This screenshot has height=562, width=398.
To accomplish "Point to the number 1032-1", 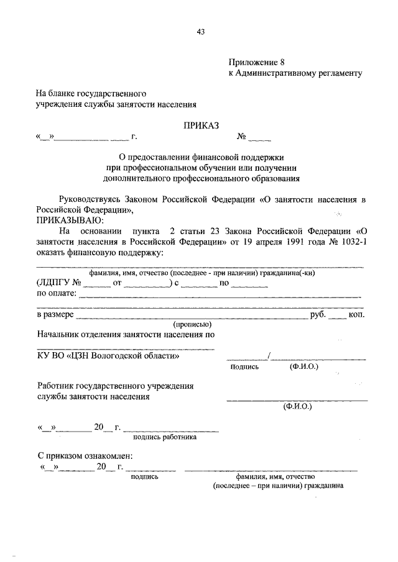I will [349, 242].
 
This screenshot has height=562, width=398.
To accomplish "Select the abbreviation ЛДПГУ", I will [53, 283].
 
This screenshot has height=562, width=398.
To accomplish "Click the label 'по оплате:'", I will [57, 294].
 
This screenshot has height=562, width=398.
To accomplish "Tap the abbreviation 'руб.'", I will [318, 315].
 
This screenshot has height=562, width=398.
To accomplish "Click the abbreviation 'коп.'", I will [356, 315].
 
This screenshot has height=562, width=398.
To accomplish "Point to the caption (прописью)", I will [193, 324].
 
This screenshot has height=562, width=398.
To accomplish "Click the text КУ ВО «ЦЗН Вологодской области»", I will [109, 356].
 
